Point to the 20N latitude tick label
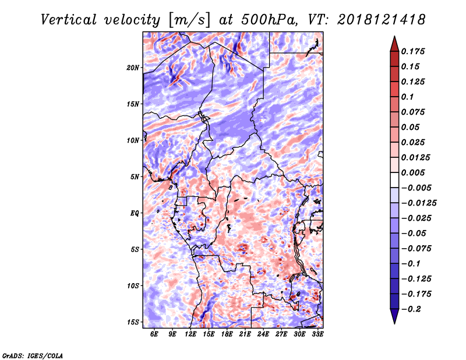(x=133, y=68)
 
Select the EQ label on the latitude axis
(x=135, y=213)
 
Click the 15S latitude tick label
(x=133, y=322)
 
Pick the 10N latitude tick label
(x=133, y=140)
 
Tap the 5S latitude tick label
(x=135, y=249)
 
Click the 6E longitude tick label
(x=154, y=334)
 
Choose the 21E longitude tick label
(x=245, y=334)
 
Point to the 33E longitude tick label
(x=317, y=334)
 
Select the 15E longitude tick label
(x=209, y=334)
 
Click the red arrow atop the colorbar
(x=394, y=44)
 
